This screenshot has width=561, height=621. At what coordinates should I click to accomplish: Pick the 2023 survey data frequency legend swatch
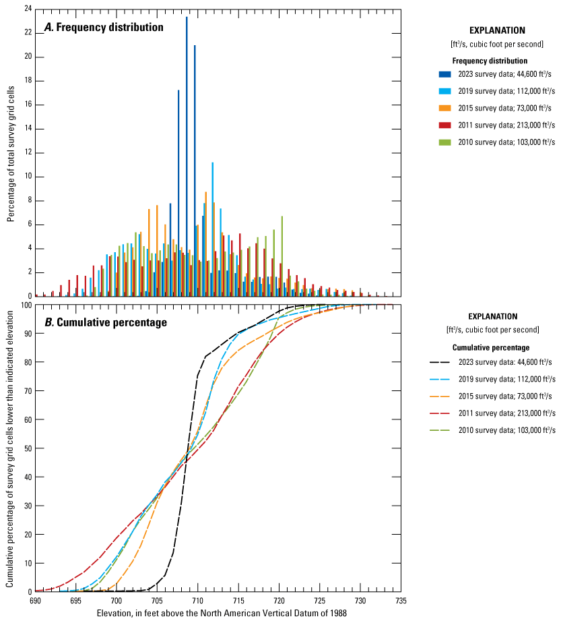tap(444, 74)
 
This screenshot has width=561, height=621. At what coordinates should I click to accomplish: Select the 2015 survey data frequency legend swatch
tap(444, 108)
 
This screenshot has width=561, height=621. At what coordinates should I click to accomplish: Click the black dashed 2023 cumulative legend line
tap(440, 362)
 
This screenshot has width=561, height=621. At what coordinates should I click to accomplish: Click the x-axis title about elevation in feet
tap(218, 613)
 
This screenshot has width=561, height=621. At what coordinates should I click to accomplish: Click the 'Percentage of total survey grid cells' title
tap(11, 152)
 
